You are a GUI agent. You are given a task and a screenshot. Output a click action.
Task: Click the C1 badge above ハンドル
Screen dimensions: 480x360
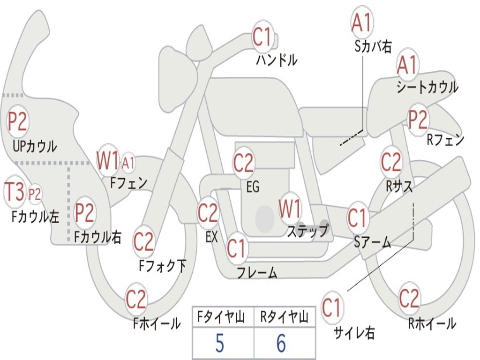coord(262,37)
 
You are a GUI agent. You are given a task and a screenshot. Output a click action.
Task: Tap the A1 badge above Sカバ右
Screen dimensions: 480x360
coord(361,22)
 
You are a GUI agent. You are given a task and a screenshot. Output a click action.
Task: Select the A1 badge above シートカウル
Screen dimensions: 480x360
coord(407,65)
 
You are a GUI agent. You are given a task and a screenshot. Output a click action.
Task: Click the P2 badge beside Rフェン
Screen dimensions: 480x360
coord(418,120)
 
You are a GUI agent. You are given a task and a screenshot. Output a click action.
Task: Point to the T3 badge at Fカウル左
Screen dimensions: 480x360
coord(14,192)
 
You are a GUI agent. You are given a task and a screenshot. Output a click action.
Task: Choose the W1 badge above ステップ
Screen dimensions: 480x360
coord(290,209)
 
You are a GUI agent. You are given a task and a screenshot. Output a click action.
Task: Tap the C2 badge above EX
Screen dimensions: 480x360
coord(208,214)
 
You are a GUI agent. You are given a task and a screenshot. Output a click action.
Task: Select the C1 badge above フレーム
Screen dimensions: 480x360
coord(236,249)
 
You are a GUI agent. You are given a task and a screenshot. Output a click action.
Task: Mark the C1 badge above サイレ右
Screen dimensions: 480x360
coord(332,308)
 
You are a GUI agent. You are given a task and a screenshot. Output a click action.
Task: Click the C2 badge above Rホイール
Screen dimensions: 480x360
coord(409,298)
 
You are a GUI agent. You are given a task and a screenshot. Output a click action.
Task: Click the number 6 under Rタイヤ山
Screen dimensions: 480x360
coord(281,344)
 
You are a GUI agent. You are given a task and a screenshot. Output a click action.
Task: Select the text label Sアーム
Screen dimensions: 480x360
coord(372,242)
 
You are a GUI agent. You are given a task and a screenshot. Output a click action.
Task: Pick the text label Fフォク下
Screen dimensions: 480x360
coord(162,266)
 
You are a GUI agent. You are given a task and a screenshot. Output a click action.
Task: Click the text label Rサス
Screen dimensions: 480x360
coord(399,186)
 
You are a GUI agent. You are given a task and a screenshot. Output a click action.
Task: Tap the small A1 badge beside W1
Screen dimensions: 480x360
coord(128,163)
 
